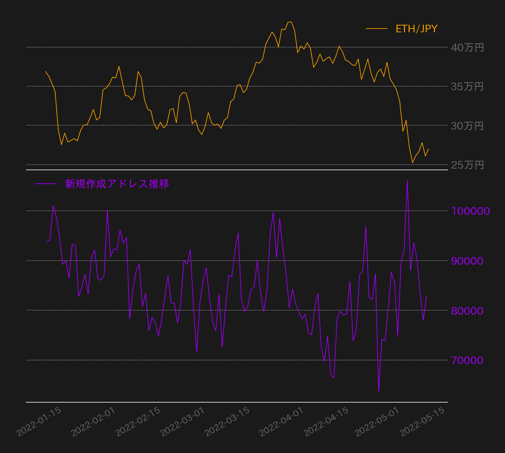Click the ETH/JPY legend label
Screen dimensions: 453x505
pyautogui.click(x=416, y=29)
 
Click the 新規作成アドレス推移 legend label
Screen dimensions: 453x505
pyautogui.click(x=117, y=184)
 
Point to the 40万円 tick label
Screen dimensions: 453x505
pyautogui.click(x=467, y=47)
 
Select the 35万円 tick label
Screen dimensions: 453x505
pyautogui.click(x=467, y=86)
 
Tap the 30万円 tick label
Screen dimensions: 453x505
pyautogui.click(x=467, y=126)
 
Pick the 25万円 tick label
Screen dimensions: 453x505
pyautogui.click(x=467, y=165)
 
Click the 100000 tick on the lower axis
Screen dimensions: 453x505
pyautogui.click(x=470, y=211)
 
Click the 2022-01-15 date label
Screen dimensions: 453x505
pyautogui.click(x=39, y=422)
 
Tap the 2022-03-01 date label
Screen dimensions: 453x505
pyautogui.click(x=183, y=422)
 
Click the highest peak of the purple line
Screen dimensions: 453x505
pyautogui.click(x=407, y=180)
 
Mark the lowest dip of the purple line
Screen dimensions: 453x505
pyautogui.click(x=378, y=392)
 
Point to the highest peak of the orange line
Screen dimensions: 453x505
pyautogui.click(x=290, y=22)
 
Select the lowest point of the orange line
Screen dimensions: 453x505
pyautogui.click(x=413, y=162)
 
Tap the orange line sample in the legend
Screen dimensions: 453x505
pyautogui.click(x=376, y=29)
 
